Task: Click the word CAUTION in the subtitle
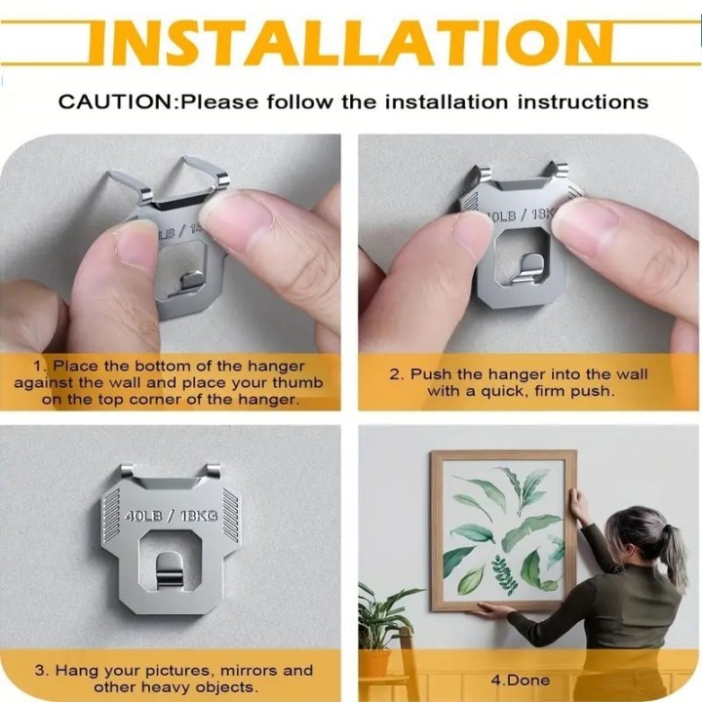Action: coord(115,102)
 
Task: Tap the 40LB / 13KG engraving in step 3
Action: coord(171,516)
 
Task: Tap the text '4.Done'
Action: coord(521,681)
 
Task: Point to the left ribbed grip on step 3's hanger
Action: coord(111,515)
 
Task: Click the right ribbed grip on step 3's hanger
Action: coord(231,515)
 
